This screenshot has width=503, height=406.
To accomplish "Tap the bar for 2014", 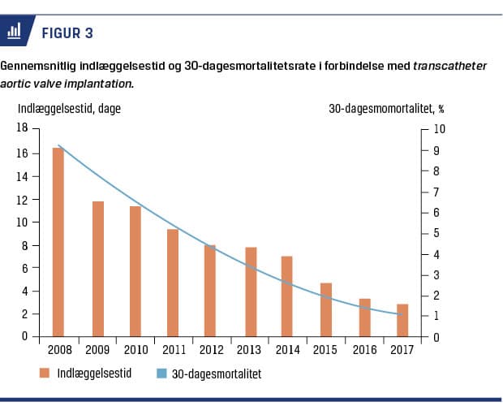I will point(286,296).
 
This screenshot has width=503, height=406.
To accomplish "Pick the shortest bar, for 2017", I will point(402,320).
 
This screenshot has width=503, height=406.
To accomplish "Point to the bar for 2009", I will point(97,269).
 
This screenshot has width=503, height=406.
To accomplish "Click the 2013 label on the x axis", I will point(248,349).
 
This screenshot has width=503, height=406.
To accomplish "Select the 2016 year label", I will point(363,349).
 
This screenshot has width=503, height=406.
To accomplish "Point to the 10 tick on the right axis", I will point(440,129).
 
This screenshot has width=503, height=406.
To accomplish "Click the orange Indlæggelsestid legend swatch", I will point(46,373).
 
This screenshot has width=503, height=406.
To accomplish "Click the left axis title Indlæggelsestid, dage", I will point(69,108).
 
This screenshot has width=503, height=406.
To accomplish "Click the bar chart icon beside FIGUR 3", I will point(15,32).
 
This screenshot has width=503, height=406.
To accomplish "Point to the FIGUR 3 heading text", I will point(67,32).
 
